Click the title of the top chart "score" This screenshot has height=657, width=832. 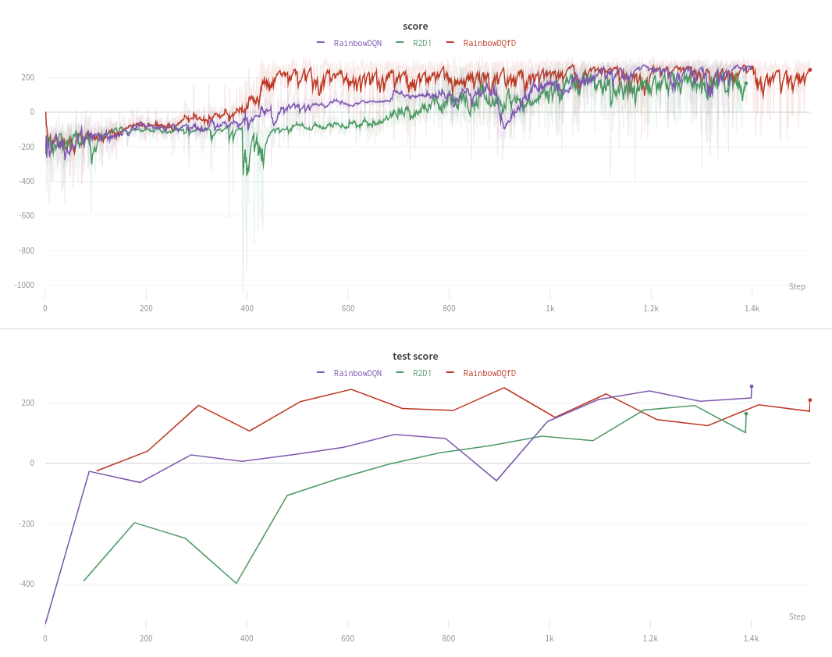[415, 27]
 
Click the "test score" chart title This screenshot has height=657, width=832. [415, 357]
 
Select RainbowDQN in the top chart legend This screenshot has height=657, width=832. [357, 43]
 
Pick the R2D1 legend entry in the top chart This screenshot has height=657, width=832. [421, 43]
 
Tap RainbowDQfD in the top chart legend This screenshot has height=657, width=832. [489, 43]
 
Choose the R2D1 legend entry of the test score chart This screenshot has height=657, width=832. [421, 373]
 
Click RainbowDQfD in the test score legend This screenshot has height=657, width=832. [489, 373]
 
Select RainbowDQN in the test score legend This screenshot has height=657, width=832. [357, 373]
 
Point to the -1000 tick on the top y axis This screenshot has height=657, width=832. [24, 286]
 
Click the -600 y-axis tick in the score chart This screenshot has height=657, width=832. [27, 216]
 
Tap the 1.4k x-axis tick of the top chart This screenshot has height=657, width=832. [752, 309]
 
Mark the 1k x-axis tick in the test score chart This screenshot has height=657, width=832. [549, 639]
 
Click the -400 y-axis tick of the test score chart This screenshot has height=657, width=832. [27, 584]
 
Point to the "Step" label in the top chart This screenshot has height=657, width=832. [797, 287]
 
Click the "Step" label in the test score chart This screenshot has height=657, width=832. [797, 617]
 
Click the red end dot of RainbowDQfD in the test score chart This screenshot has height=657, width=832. [810, 400]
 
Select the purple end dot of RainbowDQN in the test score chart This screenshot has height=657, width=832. [752, 386]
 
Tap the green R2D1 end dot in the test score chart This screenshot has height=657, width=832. [746, 414]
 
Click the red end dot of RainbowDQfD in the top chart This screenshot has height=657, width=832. [810, 69]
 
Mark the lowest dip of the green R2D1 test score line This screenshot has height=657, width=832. [236, 584]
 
